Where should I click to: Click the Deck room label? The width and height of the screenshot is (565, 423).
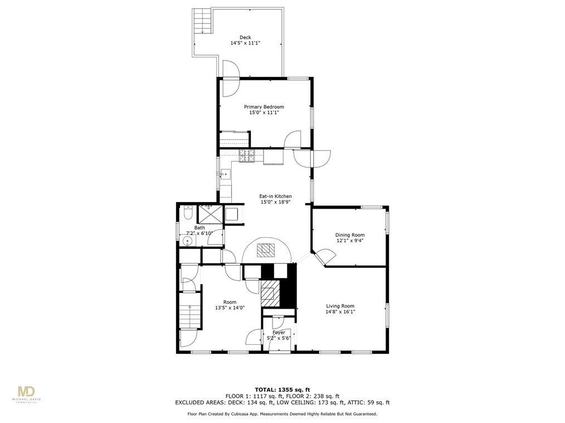pos(245,37)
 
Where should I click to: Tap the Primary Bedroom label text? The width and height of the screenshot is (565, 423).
pos(264,107)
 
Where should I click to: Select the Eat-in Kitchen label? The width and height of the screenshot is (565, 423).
pos(275,196)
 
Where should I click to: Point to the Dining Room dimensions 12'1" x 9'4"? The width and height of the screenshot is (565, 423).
pos(349,241)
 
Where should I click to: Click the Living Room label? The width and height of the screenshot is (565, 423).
pos(340,306)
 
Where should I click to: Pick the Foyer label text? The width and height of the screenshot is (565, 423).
pos(279,333)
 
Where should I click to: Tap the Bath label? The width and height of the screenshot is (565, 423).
pos(199,228)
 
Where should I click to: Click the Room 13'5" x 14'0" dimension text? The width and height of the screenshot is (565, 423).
pos(230,307)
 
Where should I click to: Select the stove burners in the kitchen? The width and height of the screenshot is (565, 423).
pos(246,157)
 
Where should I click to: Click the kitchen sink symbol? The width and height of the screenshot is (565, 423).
pos(225,174)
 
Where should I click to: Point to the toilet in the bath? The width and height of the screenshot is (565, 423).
pos(188,213)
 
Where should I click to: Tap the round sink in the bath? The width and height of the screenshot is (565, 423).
pos(188,241)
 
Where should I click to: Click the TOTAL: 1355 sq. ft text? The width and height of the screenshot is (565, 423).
pos(282,389)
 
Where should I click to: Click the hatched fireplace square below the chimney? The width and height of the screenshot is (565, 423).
pos(270,291)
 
